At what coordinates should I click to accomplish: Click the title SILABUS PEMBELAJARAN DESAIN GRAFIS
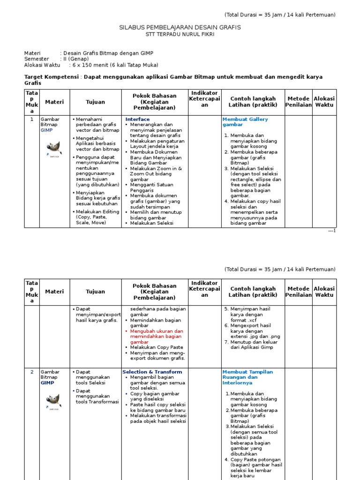coord(180,28)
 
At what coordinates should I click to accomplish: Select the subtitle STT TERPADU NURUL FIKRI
coord(180,36)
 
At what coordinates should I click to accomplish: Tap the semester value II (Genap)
coord(75,59)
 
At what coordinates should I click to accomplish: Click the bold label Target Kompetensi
coord(51,77)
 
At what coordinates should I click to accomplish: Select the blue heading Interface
coord(137,120)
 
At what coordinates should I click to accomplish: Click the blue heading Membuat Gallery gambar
coord(245,122)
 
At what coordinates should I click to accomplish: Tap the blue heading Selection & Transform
coord(152,372)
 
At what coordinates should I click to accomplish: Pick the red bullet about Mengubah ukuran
coord(156,337)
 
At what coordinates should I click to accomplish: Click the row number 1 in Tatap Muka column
coord(32,120)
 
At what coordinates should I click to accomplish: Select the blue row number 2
coord(32,372)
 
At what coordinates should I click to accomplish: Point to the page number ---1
coord(332,231)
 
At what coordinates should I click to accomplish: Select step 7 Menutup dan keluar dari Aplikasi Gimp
coord(254,345)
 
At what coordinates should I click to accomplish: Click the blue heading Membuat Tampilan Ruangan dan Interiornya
coord(247,377)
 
